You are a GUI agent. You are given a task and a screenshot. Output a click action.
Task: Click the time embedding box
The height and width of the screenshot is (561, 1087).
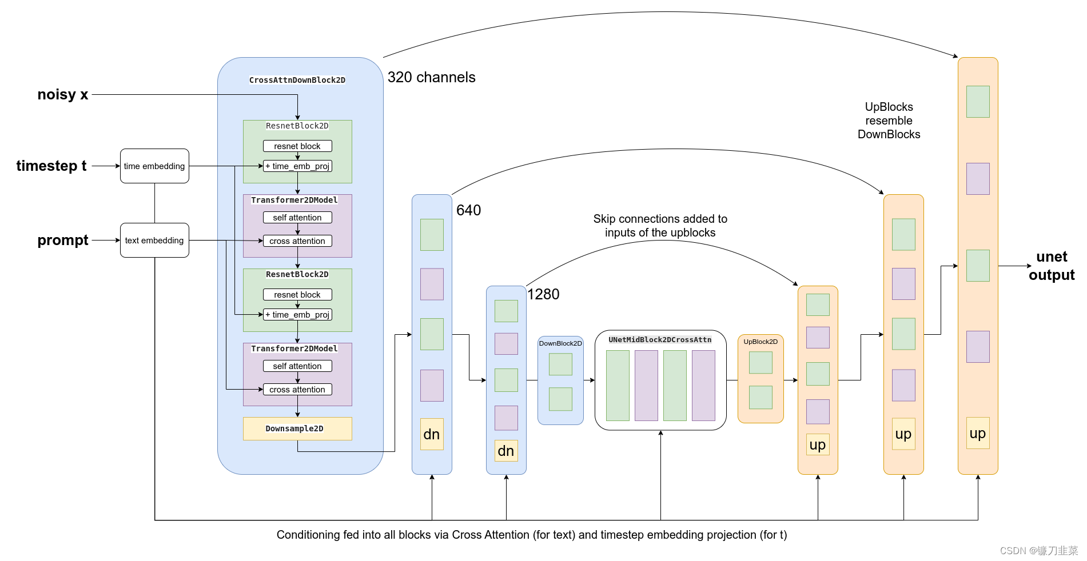coord(154,166)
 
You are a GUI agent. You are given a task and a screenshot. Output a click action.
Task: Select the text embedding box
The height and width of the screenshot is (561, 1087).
coord(154,241)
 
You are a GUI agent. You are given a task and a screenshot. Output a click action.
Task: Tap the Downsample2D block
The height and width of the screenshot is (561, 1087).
coord(297,428)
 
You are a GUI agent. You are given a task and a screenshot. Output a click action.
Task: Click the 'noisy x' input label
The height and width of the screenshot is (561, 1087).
coord(63,95)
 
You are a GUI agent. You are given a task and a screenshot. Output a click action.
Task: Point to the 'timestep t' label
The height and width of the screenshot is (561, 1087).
coord(51,166)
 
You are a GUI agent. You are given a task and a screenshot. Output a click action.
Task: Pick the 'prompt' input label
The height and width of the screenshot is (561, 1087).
coord(63,241)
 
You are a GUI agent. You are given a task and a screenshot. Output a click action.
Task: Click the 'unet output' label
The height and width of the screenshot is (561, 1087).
coord(1052,266)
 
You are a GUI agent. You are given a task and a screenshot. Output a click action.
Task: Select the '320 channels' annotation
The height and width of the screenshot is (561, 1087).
coord(431,78)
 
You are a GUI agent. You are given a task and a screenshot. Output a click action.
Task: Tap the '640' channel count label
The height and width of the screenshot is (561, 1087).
coord(468,211)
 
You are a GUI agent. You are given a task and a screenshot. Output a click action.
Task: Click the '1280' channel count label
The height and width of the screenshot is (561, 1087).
coord(543,295)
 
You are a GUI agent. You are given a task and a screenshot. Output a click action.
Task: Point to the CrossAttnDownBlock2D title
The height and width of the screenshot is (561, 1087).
coord(297,81)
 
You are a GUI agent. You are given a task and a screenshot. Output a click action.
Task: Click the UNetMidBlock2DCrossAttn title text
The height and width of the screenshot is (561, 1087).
coord(660,340)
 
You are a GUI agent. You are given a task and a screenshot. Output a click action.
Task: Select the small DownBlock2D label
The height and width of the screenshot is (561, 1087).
coord(560,343)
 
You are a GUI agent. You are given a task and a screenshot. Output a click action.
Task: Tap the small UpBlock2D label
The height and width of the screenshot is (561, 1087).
coord(760,342)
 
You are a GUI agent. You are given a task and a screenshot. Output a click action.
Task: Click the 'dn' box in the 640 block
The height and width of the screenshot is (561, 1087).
coord(432,434)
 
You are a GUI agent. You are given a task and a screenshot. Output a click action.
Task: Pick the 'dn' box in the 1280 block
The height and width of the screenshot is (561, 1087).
coord(506,451)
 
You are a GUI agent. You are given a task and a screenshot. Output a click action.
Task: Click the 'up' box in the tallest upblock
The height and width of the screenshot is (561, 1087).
coord(978,433)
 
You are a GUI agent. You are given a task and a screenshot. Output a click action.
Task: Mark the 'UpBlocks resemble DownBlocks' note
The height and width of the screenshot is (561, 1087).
coord(889,121)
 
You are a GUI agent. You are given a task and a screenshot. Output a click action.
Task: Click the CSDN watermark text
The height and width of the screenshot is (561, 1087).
coord(1038,551)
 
